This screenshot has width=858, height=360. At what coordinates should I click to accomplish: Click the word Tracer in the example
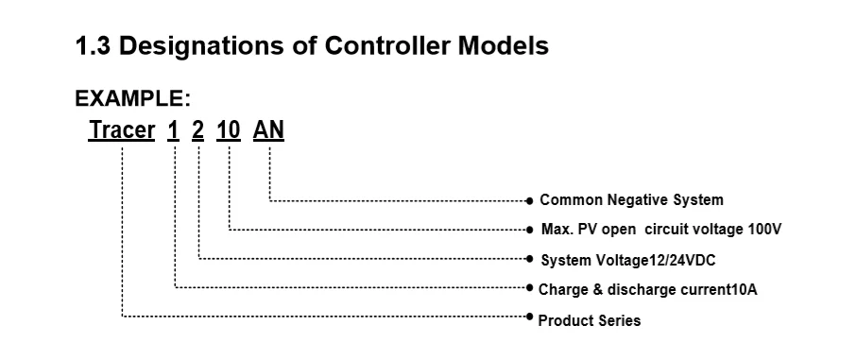[122, 130]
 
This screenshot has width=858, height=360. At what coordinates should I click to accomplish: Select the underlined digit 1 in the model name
[173, 130]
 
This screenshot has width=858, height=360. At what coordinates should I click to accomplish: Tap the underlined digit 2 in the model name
[197, 130]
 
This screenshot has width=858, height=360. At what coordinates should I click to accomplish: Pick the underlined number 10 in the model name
[228, 130]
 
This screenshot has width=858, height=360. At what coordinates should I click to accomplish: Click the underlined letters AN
[268, 130]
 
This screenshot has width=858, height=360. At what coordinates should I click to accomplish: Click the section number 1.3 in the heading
[93, 46]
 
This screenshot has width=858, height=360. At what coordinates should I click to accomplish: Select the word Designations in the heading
[201, 47]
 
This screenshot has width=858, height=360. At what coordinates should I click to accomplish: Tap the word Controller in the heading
[387, 46]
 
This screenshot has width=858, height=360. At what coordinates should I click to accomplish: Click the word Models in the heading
[504, 46]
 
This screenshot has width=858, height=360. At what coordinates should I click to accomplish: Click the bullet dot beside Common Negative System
[529, 201]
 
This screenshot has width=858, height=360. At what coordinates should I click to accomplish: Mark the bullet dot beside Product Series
[529, 317]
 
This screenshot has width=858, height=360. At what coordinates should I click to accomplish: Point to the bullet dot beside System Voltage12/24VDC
[529, 258]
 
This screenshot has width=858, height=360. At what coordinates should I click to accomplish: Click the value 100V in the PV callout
[764, 230]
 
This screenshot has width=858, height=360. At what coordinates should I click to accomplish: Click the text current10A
[718, 289]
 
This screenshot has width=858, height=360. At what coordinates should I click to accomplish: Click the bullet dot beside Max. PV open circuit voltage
[529, 230]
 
